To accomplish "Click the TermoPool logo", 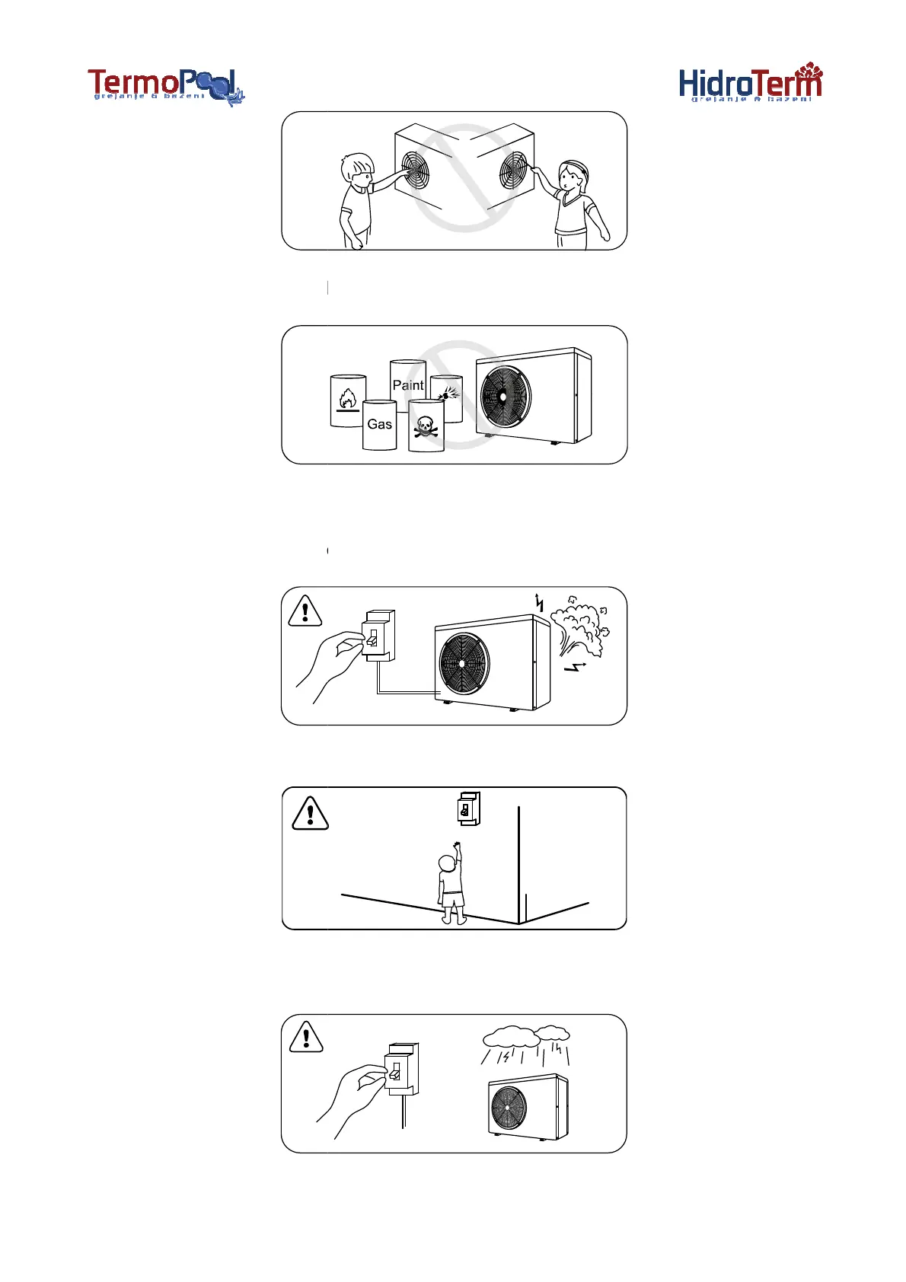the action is tap(166, 86).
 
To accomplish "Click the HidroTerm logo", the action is tap(750, 85).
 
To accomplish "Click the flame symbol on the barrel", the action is tap(347, 397).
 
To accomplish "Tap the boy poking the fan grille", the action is tap(356, 199).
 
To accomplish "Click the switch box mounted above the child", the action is tap(467, 808).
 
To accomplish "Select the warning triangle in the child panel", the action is tap(310, 813).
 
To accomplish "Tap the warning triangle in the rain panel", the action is tap(306, 1037).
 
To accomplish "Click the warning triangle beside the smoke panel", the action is tap(305, 611).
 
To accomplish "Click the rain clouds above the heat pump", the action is tap(526, 1035).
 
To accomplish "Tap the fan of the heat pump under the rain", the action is tap(509, 1108).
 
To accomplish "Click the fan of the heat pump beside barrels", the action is tap(504, 397).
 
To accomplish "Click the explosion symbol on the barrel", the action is tap(448, 393).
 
